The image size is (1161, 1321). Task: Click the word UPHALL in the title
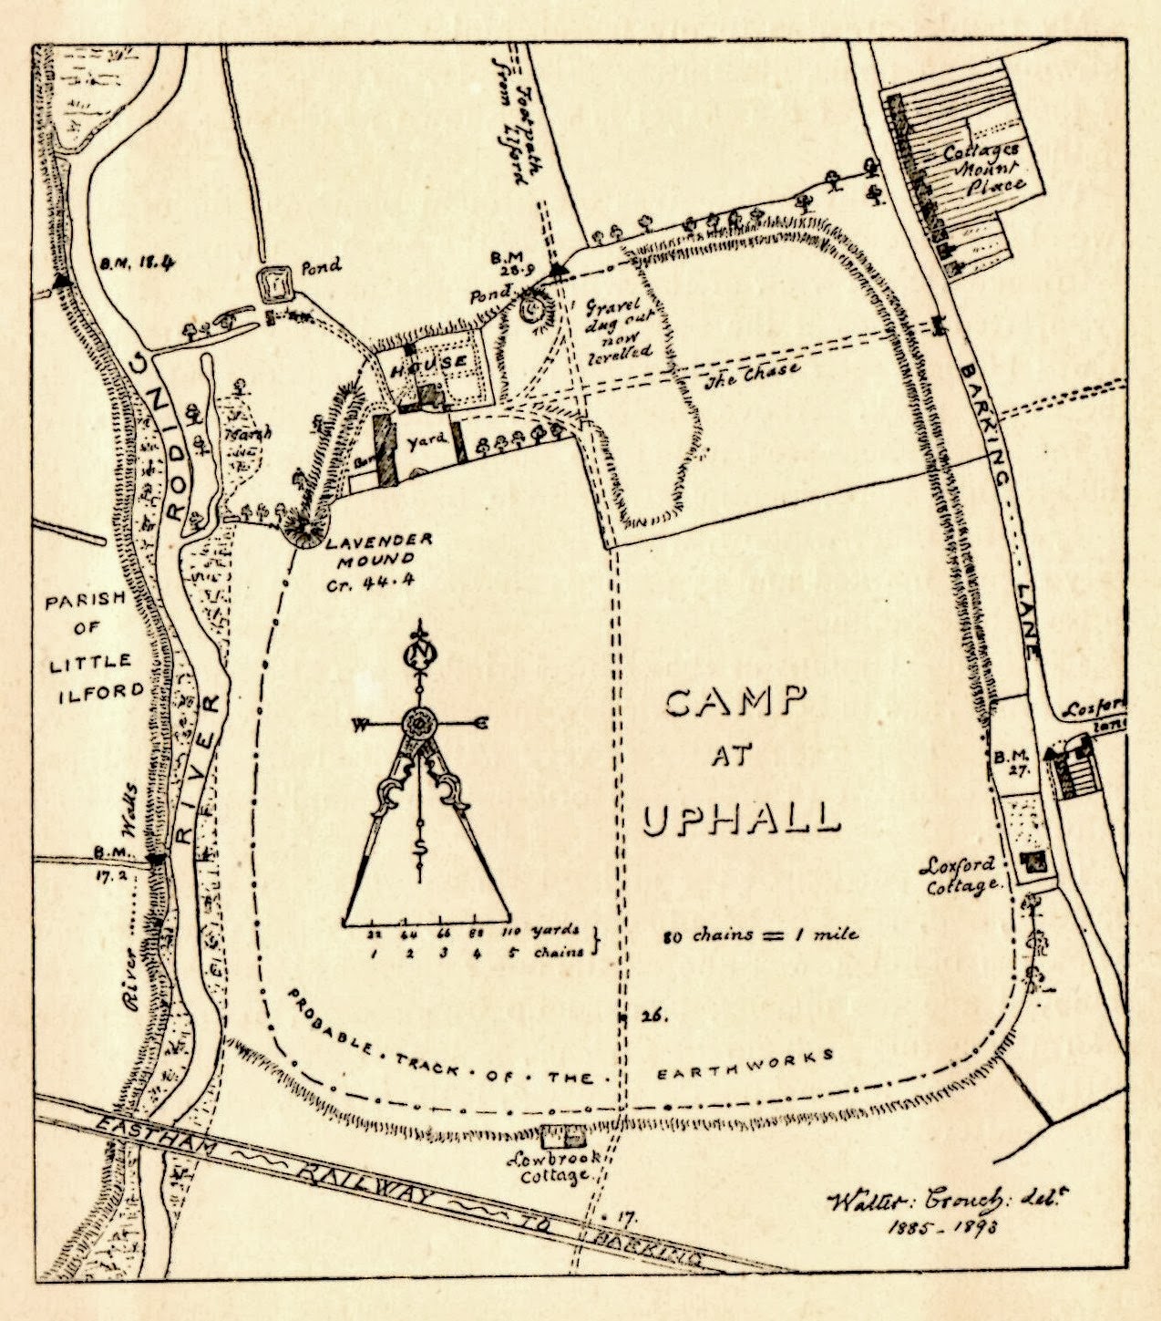point(740,817)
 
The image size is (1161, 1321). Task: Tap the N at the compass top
point(420,654)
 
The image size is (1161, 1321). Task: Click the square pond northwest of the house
point(276,285)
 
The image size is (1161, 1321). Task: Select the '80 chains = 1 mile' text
point(760,934)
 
